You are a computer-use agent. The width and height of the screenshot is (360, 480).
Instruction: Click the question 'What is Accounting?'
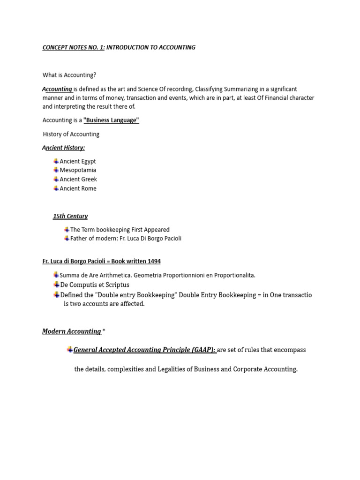click(x=69, y=75)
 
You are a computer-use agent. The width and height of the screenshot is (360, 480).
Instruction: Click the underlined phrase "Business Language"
click(x=111, y=120)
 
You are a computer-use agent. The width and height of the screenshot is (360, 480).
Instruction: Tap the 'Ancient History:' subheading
click(x=64, y=148)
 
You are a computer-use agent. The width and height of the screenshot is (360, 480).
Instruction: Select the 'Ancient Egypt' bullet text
click(x=78, y=161)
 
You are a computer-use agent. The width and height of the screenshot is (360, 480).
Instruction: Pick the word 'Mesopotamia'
click(x=78, y=170)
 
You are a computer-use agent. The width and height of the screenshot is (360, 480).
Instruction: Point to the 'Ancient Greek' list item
click(x=78, y=179)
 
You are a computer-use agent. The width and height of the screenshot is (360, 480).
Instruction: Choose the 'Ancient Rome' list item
click(x=78, y=188)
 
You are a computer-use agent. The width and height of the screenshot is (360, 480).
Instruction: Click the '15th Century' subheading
click(x=70, y=216)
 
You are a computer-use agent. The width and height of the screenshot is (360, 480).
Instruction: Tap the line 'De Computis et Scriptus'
click(x=95, y=285)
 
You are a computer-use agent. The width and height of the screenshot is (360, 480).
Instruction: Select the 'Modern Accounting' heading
click(x=72, y=331)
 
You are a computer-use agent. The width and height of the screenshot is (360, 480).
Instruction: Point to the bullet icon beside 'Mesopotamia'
click(x=56, y=170)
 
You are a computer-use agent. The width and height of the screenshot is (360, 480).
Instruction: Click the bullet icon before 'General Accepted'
click(x=70, y=349)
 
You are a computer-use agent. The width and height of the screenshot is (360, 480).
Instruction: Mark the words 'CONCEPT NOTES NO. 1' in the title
click(x=73, y=47)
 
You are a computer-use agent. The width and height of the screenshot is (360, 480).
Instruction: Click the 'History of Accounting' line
click(x=71, y=134)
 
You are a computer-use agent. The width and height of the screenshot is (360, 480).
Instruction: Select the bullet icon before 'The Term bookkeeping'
click(x=67, y=229)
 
